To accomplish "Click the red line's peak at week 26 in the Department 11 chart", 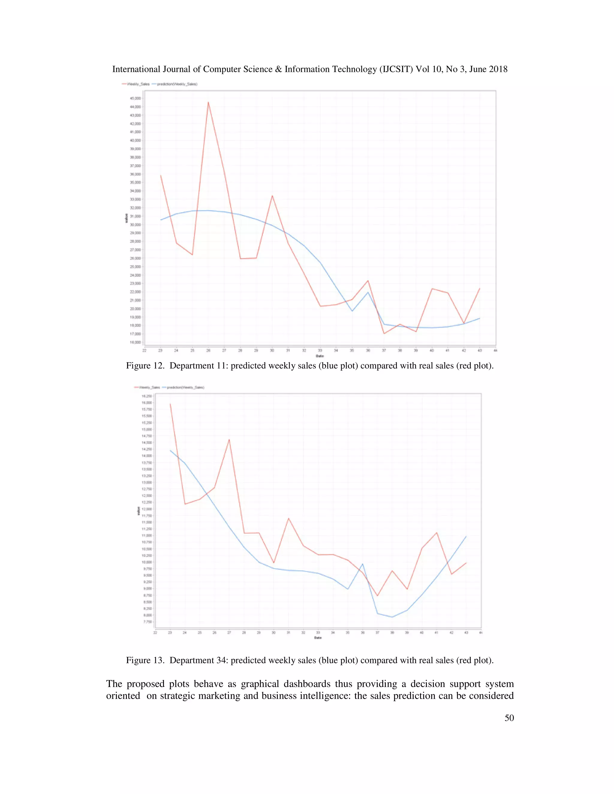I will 208,102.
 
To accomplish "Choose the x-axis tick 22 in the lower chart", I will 155,633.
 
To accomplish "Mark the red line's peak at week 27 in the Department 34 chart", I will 229,440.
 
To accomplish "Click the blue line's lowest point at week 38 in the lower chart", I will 392,617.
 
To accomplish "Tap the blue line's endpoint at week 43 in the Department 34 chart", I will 466,536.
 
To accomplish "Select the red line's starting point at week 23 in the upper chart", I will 160,176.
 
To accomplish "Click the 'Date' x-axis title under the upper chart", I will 319,356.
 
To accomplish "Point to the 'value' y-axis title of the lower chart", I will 138,511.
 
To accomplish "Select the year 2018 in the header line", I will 497,70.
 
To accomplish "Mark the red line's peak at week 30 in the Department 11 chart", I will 272,196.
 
